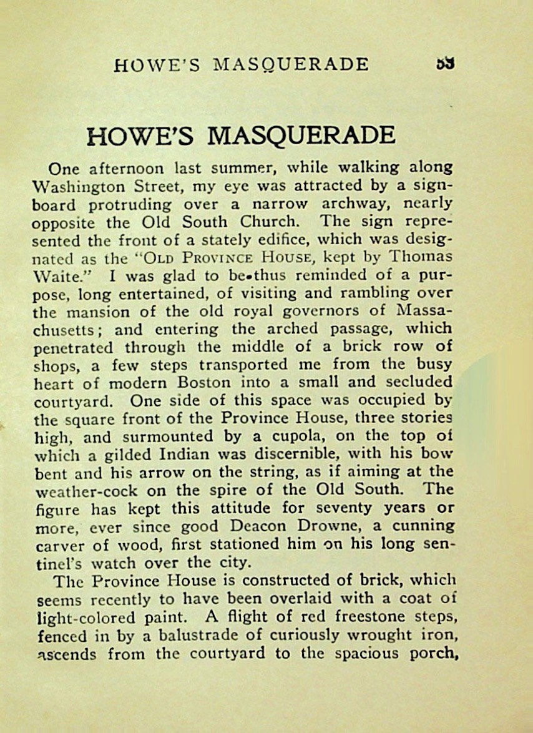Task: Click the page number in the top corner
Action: pos(445,64)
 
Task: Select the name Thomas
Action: pos(421,257)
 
